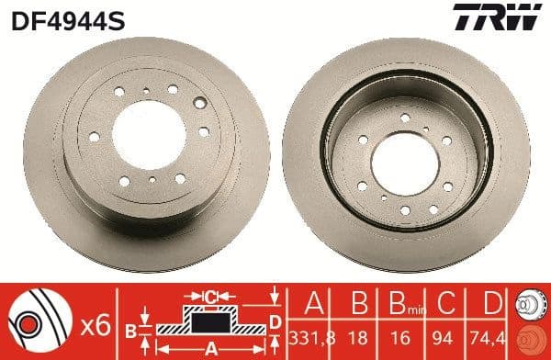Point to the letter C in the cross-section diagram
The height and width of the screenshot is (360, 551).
point(209,296)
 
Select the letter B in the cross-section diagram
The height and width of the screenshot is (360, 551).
point(131,328)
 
